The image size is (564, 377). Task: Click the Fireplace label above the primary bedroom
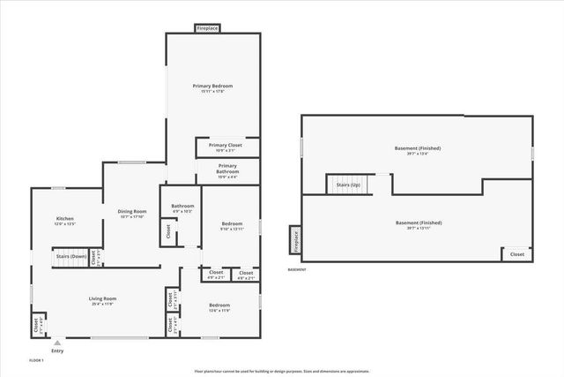[x=207, y=28]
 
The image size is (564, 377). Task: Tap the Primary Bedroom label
[x=212, y=86]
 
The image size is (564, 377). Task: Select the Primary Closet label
[x=226, y=145]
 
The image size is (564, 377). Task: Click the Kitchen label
[x=65, y=218]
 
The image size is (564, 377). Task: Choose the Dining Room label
[x=131, y=210]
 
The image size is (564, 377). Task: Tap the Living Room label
[x=102, y=298]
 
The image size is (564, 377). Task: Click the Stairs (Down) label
[x=70, y=256]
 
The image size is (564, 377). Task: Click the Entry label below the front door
[x=57, y=351]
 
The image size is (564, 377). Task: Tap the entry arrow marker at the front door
[x=57, y=342]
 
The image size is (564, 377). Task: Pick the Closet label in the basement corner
[x=516, y=254]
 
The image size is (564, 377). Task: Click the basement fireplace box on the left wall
[x=295, y=239]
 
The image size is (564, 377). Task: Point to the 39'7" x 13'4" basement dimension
[x=418, y=154]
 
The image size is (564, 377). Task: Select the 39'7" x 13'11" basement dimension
[x=418, y=229]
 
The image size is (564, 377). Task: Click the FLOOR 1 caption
[x=36, y=360]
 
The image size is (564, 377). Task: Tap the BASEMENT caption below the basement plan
[x=297, y=270]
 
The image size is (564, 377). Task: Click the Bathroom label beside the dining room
[x=182, y=207]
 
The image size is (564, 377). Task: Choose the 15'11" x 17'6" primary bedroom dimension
[x=212, y=92]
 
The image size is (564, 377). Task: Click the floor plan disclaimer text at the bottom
[x=281, y=371]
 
